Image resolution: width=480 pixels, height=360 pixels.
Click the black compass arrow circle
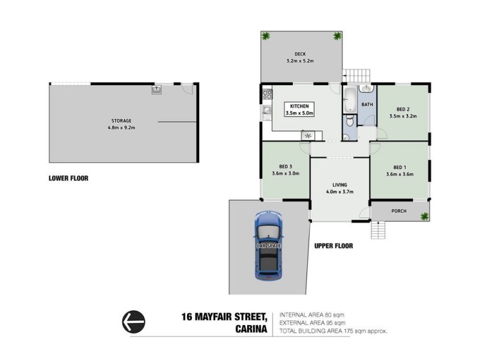[134, 323]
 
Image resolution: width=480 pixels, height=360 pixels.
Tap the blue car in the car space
[268, 246]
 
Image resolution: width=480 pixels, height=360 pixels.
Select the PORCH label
[399, 211]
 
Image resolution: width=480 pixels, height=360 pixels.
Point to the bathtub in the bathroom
[350, 100]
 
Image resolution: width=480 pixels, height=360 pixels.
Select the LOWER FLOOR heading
[69, 178]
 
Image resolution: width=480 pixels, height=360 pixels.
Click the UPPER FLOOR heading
[334, 245]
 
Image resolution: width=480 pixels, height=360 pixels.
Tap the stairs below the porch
[378, 229]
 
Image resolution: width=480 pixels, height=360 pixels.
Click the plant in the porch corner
[424, 215]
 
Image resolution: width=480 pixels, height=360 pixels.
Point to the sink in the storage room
[157, 90]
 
